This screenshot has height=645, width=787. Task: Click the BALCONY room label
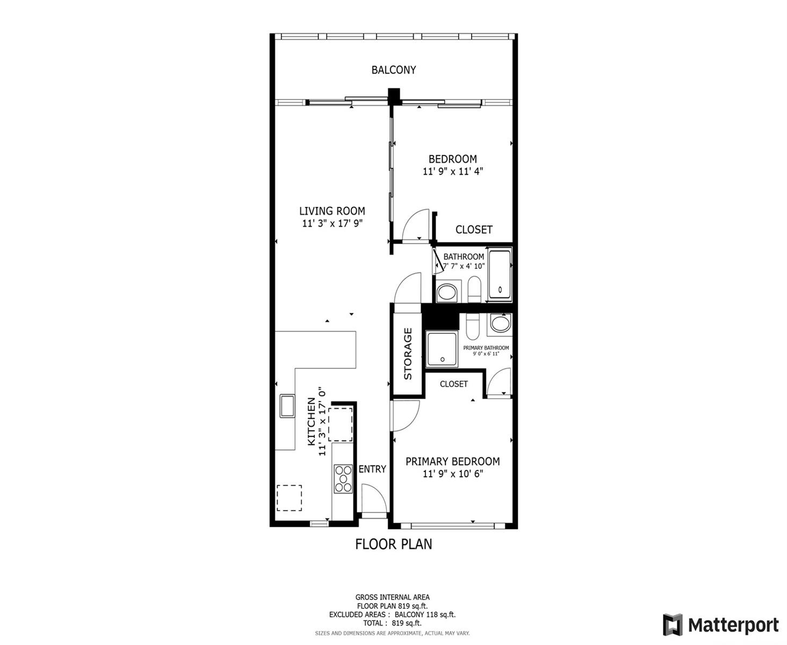pos(393,70)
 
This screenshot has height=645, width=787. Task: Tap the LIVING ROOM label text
pos(332,211)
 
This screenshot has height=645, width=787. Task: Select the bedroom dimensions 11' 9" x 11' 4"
pos(453,171)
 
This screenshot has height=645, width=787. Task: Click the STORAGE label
pos(408,354)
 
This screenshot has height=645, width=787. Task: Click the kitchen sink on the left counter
pos(287,406)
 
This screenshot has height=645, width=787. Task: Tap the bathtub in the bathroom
pos(500,275)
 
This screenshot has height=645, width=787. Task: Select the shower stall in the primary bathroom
pos(442,349)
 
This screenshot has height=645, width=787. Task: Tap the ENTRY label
pos(372,469)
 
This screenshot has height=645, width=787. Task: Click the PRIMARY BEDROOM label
pos(453,461)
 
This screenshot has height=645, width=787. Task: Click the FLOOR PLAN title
pos(393,544)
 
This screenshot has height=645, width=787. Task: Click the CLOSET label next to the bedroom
pos(474,230)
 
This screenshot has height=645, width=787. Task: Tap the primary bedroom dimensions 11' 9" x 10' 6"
pos(453,474)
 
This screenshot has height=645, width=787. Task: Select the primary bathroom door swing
pos(499,382)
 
